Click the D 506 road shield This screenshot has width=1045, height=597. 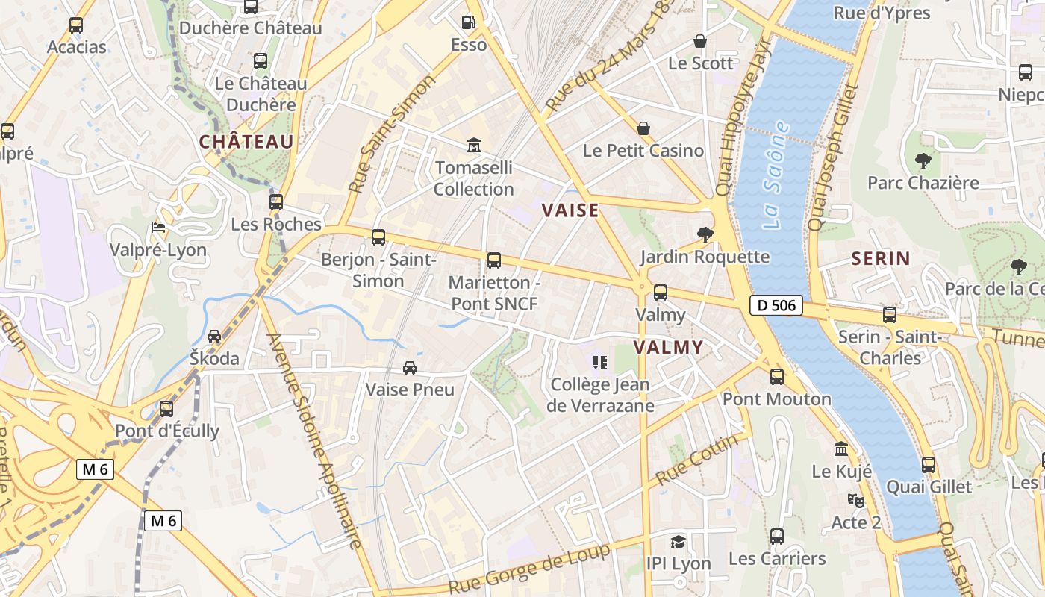(776, 304)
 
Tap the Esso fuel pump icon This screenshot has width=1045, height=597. (469, 22)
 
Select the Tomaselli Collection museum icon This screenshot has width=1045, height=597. (474, 145)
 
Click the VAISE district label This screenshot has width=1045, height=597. (570, 210)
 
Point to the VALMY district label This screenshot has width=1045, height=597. (668, 347)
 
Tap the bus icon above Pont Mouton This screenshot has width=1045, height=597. (777, 377)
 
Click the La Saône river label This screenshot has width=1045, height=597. (776, 175)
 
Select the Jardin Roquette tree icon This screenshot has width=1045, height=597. (705, 236)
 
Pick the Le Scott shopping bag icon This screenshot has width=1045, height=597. (700, 41)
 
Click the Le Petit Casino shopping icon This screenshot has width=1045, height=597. (643, 128)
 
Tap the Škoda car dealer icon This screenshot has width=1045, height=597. (214, 337)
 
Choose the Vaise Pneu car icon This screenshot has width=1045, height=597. (409, 368)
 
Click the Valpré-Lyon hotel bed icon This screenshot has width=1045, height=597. (157, 228)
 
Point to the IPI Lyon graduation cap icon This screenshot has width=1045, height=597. (678, 542)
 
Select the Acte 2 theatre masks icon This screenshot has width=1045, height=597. (855, 500)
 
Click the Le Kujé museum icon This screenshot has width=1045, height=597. (841, 449)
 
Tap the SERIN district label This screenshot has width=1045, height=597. (881, 259)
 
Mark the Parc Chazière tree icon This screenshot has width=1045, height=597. (923, 160)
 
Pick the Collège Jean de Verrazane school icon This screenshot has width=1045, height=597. (599, 363)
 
